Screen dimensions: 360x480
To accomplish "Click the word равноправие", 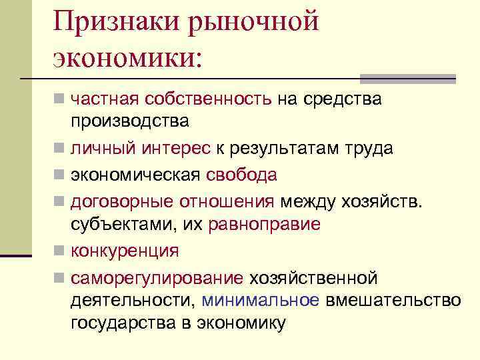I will point(264,224).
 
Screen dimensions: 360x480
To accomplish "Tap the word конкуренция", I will point(125,251).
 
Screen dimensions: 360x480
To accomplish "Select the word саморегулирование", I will point(157,277).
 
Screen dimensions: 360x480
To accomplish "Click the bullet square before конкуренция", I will point(59,251).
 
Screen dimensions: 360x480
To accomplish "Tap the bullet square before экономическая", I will point(59,175).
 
